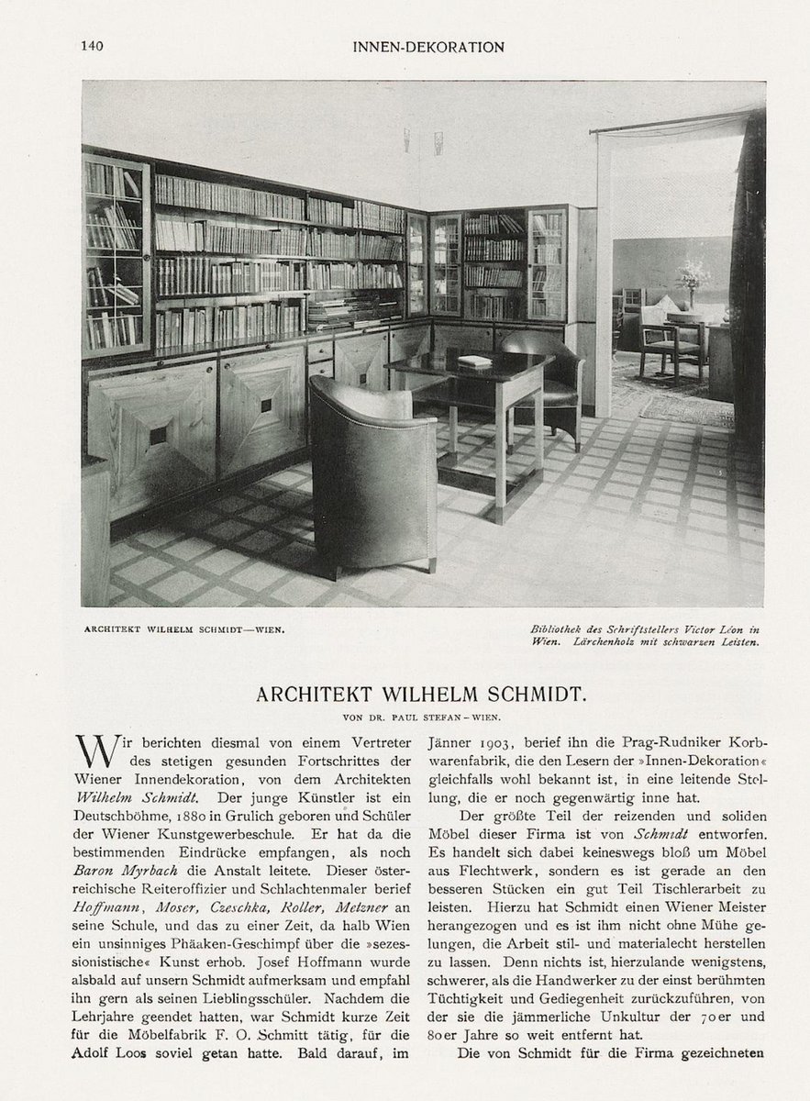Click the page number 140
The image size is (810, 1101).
tap(91, 47)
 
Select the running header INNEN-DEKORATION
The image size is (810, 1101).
tap(427, 47)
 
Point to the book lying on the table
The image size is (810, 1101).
tap(474, 361)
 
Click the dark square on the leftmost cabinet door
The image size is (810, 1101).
tap(158, 435)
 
